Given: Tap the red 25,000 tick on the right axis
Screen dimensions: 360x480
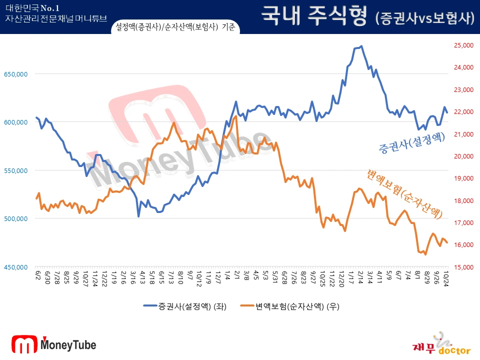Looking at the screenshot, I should (x=463, y=45).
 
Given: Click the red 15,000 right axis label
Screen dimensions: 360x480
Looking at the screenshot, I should (x=463, y=267).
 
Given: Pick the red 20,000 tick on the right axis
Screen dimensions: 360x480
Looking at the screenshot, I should (x=463, y=156).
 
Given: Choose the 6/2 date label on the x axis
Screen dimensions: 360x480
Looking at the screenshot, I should (x=37, y=275).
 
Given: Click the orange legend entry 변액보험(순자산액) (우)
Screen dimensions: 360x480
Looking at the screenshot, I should (x=289, y=306).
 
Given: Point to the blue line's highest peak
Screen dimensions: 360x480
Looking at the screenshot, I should (x=361, y=46).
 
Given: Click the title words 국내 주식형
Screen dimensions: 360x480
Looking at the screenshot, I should (x=315, y=16).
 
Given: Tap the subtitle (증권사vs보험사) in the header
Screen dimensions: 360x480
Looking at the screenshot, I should (x=424, y=18).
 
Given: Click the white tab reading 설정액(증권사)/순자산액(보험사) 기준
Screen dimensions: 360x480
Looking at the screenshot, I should (x=175, y=27).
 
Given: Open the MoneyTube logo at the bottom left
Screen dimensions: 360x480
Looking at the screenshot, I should (x=54, y=344).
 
